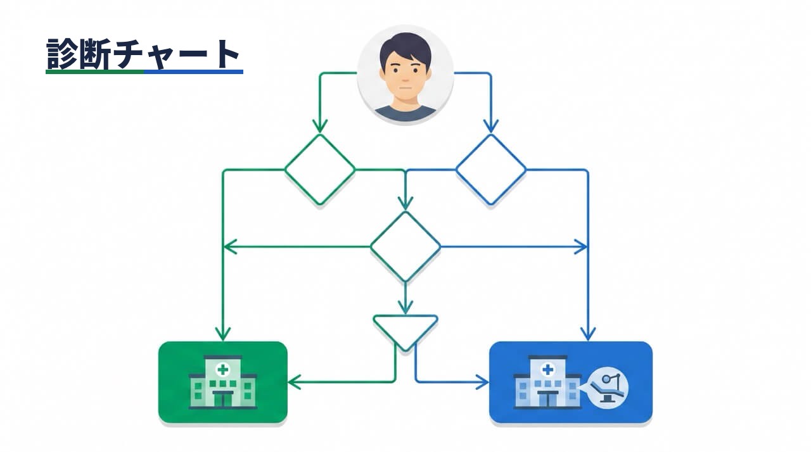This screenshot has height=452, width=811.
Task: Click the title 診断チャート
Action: click(143, 54)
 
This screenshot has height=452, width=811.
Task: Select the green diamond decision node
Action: click(320, 170)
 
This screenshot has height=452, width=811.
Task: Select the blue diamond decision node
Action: click(491, 170)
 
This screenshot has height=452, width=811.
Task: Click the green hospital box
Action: click(223, 382)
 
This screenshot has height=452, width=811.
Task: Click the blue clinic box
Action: click(571, 382)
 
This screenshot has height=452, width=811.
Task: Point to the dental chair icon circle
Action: click(608, 388)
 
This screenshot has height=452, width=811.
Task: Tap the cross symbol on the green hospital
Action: click(222, 370)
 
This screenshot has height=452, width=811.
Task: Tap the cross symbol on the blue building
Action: click(548, 370)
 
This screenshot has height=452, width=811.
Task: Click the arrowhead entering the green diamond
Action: click(320, 127)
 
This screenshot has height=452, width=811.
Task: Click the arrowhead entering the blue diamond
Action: click(491, 127)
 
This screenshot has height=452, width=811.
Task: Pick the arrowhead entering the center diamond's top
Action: click(405, 204)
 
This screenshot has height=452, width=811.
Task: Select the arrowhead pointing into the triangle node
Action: click(405, 308)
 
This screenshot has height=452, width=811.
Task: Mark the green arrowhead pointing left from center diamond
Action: click(230, 247)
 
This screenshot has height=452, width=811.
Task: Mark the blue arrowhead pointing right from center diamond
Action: click(581, 247)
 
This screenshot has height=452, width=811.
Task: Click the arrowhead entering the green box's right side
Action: click(295, 382)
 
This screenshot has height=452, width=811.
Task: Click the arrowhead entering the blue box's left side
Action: click(482, 382)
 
